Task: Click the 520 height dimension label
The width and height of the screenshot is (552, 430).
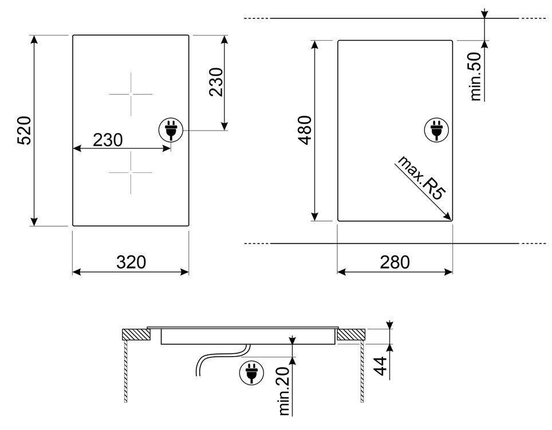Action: pos(25,130)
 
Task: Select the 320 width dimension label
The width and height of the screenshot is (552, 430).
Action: pos(131,262)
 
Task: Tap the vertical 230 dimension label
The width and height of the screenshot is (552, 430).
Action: pos(216,82)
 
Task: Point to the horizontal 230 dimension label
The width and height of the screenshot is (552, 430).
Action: pos(108,140)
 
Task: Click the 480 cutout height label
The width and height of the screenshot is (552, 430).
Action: pos(305,130)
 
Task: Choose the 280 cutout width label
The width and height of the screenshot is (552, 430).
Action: pos(395,262)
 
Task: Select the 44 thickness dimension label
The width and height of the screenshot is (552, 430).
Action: pos(380,366)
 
